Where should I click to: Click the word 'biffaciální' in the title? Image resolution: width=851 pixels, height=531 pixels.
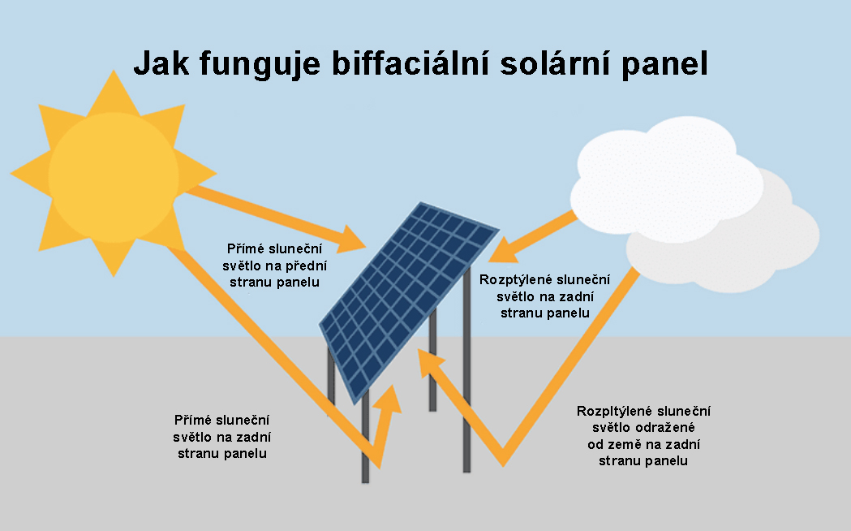[x=410, y=63]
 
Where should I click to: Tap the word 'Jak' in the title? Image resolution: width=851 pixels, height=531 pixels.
[x=161, y=63]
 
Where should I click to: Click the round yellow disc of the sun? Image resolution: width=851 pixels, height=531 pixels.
[x=114, y=177]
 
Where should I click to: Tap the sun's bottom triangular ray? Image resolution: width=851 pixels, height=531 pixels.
[x=114, y=257]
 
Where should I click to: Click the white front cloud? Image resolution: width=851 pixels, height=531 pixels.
[x=667, y=179]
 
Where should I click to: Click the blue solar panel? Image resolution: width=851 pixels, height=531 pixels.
[x=408, y=302]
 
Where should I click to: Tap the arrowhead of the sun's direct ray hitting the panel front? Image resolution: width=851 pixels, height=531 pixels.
[x=352, y=240]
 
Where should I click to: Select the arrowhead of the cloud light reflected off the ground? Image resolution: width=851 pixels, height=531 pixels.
[x=430, y=362]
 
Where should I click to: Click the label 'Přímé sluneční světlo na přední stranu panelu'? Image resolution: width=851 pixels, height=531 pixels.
[x=275, y=265]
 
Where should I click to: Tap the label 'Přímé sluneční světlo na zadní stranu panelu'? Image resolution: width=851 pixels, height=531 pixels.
[x=222, y=437]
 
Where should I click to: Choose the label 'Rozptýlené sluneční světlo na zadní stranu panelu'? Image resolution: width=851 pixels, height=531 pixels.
[x=545, y=296]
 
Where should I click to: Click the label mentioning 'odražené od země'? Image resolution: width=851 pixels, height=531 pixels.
[x=643, y=436]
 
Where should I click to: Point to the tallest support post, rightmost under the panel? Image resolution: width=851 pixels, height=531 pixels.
[x=466, y=369]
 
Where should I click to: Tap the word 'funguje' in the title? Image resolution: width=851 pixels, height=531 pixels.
[x=260, y=64]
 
